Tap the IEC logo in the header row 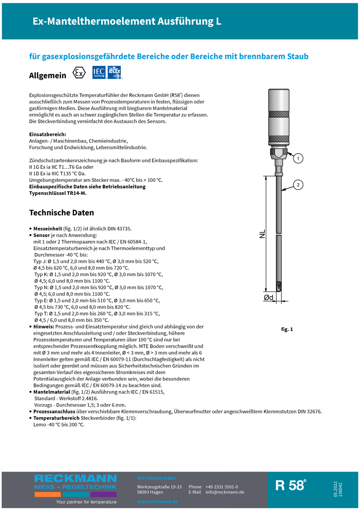coord(99,73)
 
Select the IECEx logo coord(114,73)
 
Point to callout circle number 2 coord(297,185)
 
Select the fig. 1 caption coord(287,329)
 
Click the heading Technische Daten coord(61,213)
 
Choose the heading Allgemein coord(47,75)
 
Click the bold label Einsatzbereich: coord(47,134)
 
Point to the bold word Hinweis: coord(44,326)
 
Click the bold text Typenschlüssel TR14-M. coord(58,193)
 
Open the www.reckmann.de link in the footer coord(157,502)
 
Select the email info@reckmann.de coord(225,492)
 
